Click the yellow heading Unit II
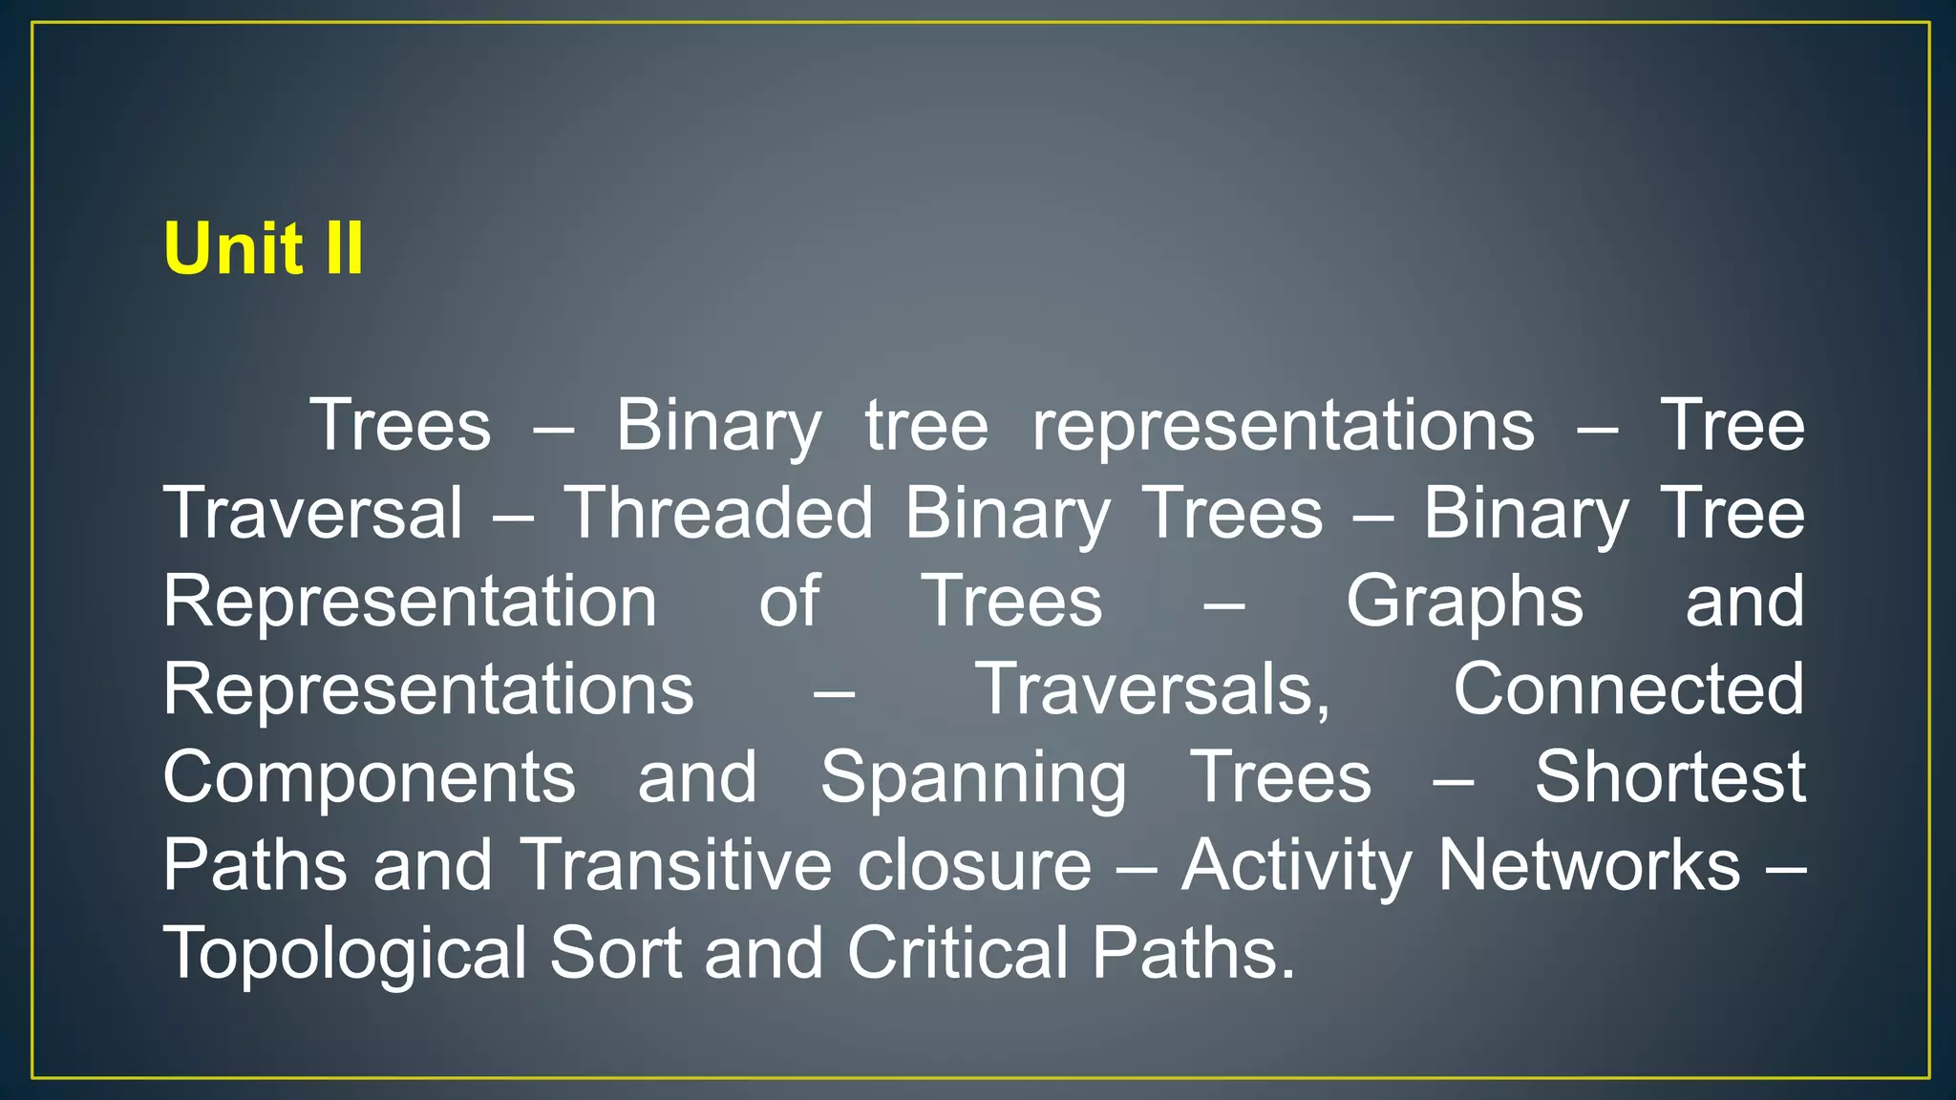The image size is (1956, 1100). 264,248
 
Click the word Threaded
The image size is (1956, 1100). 718,514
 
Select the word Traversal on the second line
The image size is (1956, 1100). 312,514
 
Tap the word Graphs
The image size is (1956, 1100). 1464,602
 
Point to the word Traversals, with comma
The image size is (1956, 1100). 1153,689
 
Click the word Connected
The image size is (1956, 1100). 1628,689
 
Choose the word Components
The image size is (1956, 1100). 369,777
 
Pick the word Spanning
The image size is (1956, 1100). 973,777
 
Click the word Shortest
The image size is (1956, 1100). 1669,777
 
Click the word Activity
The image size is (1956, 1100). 1296,865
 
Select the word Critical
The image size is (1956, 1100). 958,953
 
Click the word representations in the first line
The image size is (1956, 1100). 1284,426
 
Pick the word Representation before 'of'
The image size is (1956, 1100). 410,602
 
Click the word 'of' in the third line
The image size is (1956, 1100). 789,602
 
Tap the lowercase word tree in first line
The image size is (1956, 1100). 926,426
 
